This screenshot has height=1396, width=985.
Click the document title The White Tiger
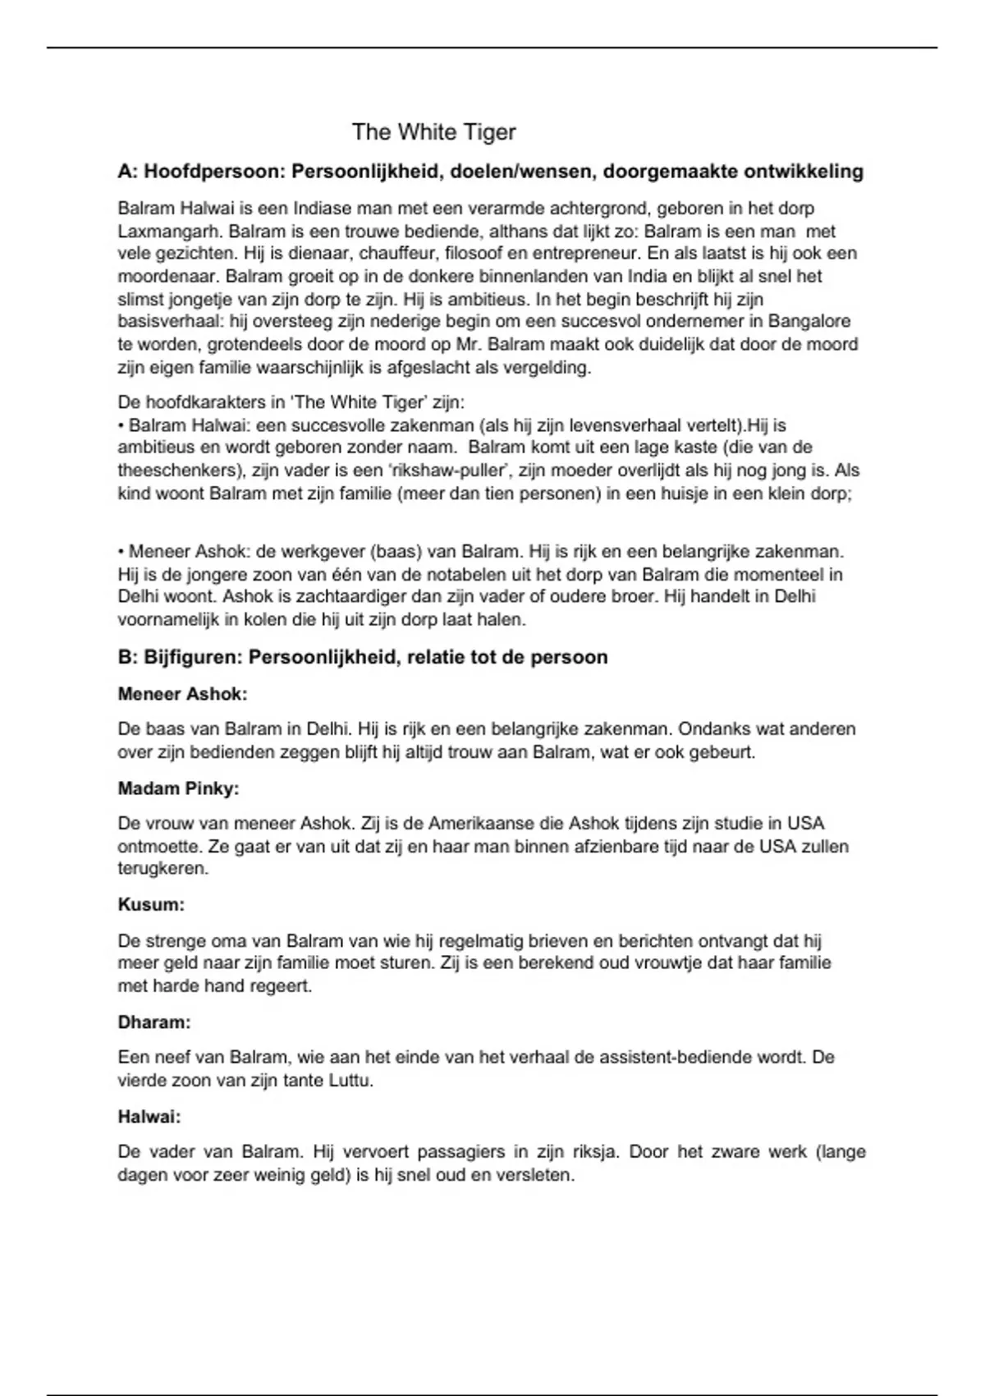click(x=433, y=132)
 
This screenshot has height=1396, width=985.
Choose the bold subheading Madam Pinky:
click(x=178, y=789)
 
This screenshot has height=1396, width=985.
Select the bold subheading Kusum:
click(x=151, y=905)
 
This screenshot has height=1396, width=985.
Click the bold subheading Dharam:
click(x=154, y=1023)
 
